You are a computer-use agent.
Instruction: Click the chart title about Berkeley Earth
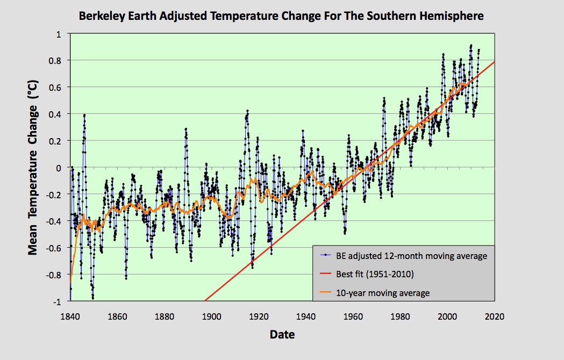(281, 16)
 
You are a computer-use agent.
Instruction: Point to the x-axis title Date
(282, 334)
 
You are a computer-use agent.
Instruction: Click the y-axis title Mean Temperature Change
(33, 168)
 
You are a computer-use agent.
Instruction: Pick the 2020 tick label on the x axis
(494, 316)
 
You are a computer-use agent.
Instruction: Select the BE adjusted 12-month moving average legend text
(411, 256)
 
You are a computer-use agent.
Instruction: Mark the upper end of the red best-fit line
(494, 62)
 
